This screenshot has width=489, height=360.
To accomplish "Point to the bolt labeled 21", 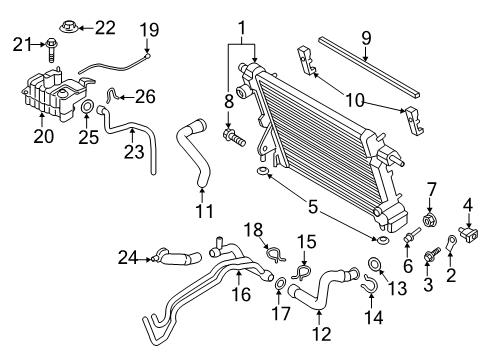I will click(50, 44).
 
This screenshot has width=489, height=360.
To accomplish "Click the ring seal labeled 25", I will click(87, 107).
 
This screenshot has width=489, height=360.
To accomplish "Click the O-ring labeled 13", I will click(373, 264).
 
